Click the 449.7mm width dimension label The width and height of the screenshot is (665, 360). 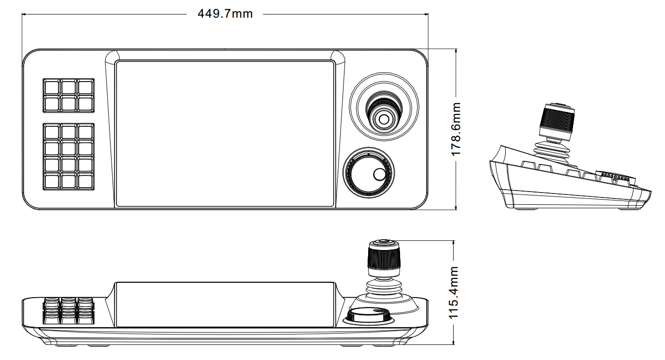pyautogui.click(x=225, y=14)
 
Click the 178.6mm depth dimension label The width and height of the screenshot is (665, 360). pyautogui.click(x=456, y=129)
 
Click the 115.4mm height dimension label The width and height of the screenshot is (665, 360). pyautogui.click(x=454, y=292)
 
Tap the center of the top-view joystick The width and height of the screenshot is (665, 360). pyautogui.click(x=384, y=119)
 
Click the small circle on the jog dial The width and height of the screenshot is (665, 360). pyautogui.click(x=379, y=174)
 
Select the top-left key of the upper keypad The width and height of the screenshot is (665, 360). pyautogui.click(x=52, y=87)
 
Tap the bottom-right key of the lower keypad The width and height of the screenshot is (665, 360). pyautogui.click(x=86, y=182)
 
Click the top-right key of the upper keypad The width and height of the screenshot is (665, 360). pyautogui.click(x=86, y=87)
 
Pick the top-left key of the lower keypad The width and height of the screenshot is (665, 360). pyautogui.click(x=52, y=132)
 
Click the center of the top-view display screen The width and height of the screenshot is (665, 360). pyautogui.click(x=225, y=134)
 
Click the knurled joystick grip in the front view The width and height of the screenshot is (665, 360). pyautogui.click(x=384, y=255)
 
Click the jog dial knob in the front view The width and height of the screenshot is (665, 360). pyautogui.click(x=369, y=316)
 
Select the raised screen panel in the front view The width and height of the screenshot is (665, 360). pyautogui.click(x=225, y=305)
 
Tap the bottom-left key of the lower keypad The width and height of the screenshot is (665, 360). pyautogui.click(x=52, y=182)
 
